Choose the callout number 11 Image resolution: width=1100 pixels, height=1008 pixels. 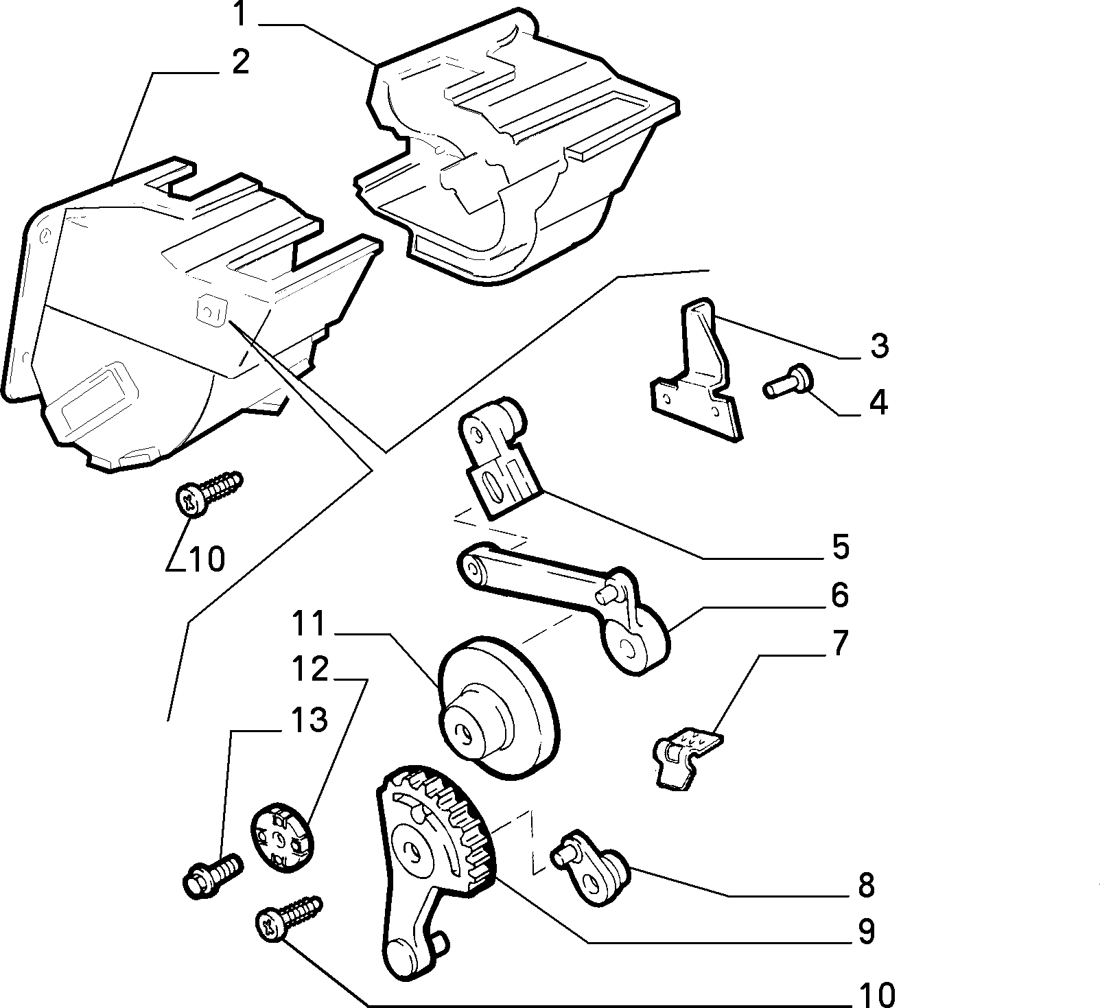[308, 623]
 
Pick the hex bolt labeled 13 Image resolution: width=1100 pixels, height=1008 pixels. [213, 874]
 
